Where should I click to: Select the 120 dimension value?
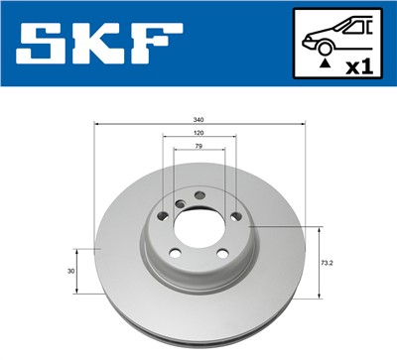198,132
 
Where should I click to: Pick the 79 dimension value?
198,146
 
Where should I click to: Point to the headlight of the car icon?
308,37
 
